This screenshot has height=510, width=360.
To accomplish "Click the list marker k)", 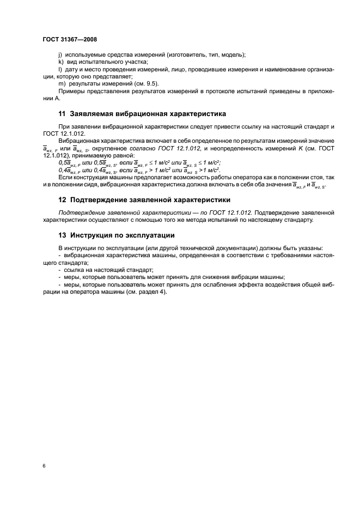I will [x=60, y=62].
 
